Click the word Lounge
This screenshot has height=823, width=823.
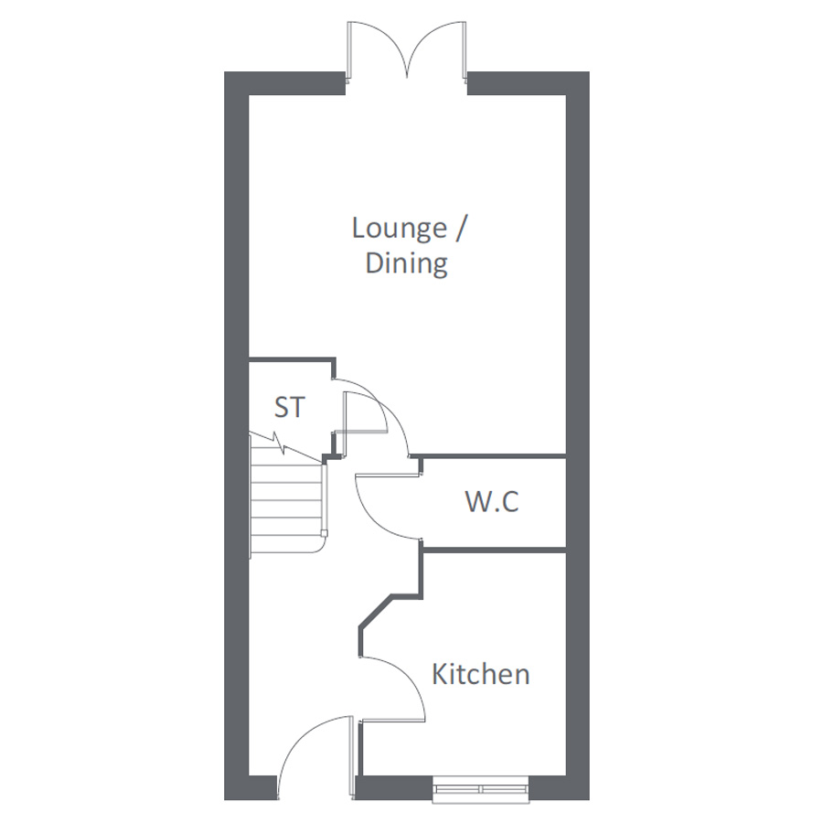coord(400,229)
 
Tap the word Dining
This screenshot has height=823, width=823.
coord(406,263)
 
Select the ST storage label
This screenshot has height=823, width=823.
coord(289,407)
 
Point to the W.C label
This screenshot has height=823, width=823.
coord(492,501)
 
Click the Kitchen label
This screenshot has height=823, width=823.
coord(480,674)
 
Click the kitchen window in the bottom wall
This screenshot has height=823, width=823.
coord(480,789)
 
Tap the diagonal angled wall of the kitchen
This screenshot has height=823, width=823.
coord(376,611)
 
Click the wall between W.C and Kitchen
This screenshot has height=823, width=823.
coord(495,550)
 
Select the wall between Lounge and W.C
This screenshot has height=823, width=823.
coord(487,455)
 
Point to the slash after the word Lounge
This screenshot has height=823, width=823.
coord(460,229)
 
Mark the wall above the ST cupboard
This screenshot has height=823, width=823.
coord(292,359)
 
